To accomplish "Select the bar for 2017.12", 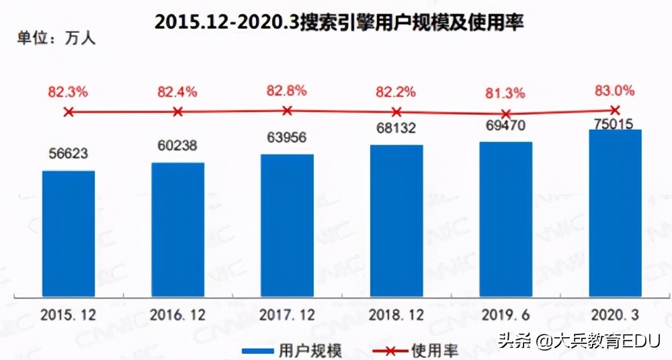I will tap(288, 225).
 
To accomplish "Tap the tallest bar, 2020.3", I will tap(615, 212).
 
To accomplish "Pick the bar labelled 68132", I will tap(396, 220).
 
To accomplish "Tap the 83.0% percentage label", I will tap(616, 90).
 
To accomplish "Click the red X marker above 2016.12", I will tap(177, 111).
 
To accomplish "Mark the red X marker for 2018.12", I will tap(396, 111).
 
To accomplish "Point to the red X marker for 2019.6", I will tap(506, 114).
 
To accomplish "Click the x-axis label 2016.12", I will tap(178, 315).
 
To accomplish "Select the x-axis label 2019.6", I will tap(506, 315).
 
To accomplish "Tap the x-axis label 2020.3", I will tap(616, 315).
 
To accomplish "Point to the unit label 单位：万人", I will tap(56, 38).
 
